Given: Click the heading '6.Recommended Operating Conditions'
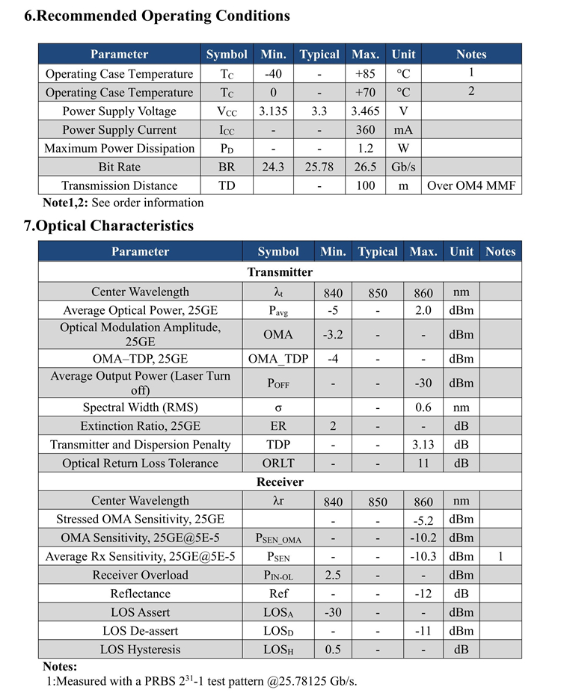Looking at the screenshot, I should tap(157, 16).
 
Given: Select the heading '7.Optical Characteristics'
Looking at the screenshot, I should tap(108, 226).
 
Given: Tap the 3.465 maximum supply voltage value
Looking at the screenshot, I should tap(365, 111).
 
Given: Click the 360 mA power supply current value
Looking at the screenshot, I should tap(365, 130).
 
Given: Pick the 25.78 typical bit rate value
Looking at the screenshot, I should tap(319, 167).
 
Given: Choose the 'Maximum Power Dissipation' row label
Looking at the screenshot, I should tap(119, 148).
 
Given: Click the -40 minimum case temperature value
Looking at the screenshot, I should tap(273, 74).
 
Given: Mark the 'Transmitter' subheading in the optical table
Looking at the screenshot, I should tap(280, 272).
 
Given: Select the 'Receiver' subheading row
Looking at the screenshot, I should tap(280, 482).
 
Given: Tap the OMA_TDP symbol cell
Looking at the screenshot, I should tap(278, 359).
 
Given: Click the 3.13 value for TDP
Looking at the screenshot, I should tap(423, 445).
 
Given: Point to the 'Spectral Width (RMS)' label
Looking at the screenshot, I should tap(141, 407).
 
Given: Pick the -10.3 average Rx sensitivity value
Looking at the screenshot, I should tap(423, 556).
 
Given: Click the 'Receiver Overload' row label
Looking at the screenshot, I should tap(141, 575).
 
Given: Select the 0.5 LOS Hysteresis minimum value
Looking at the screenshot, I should tap(333, 650).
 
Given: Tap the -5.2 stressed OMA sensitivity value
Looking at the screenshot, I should tap(423, 520).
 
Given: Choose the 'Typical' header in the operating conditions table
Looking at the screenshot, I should tap(319, 55).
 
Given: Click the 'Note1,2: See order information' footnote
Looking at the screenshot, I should tap(123, 203).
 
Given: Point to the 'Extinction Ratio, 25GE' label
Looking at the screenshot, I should tap(141, 426).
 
